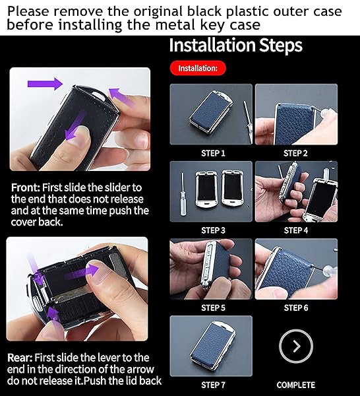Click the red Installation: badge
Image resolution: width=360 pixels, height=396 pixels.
[198, 68]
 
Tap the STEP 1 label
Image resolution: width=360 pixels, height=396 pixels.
[213, 153]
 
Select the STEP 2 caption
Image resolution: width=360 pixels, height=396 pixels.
[295, 153]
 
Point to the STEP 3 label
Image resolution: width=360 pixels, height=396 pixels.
[213, 230]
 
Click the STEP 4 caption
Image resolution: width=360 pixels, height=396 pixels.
[295, 230]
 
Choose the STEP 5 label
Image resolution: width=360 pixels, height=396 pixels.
[213, 308]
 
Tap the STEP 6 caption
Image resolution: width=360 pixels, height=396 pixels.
[295, 308]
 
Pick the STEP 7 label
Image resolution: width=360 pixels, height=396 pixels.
[213, 385]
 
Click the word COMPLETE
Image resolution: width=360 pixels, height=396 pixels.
[295, 385]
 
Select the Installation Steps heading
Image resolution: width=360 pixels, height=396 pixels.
[235, 46]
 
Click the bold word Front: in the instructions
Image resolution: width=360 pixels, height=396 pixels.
[26, 187]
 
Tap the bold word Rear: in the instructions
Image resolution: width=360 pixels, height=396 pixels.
[20, 358]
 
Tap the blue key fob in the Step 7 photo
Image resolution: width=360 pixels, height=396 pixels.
[213, 343]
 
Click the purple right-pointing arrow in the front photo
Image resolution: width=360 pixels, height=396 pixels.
[45, 84]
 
